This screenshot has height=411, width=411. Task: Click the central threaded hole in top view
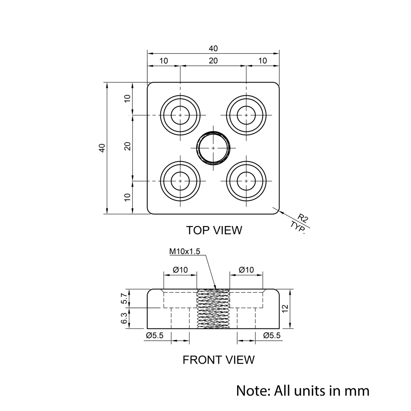[x=213, y=148]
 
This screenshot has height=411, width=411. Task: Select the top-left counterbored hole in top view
[x=180, y=115]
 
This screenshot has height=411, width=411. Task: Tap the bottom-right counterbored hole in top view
[x=246, y=180]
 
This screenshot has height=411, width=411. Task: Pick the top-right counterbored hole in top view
[x=246, y=115]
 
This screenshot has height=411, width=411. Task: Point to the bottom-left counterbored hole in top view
[x=180, y=180]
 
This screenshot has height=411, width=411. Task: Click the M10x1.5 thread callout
[x=185, y=252]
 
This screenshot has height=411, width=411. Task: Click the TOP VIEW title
[x=214, y=230]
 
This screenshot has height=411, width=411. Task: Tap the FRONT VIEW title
[x=218, y=360]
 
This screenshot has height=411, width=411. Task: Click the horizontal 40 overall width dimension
[x=213, y=48]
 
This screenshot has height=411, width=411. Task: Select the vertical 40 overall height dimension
[x=102, y=148]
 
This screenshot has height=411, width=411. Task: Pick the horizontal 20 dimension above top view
[x=213, y=61]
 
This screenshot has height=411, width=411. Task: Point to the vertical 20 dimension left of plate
[x=128, y=146]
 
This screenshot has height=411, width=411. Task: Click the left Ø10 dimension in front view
[x=180, y=270]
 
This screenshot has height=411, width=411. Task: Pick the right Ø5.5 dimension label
[x=272, y=335]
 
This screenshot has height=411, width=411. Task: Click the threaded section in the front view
[x=213, y=309]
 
